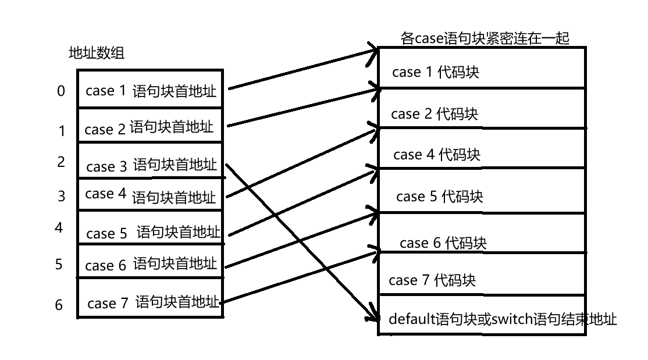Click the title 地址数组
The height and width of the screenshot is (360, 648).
point(97,54)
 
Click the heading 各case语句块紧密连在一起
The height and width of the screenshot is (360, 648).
point(485,38)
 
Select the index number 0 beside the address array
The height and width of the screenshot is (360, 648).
point(61,91)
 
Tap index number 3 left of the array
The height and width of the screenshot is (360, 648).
point(62,196)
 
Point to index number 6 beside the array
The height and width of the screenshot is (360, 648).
point(59,304)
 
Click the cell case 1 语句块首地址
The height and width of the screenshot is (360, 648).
point(150,91)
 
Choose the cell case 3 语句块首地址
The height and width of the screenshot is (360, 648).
point(150,165)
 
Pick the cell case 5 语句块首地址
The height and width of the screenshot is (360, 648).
point(150,233)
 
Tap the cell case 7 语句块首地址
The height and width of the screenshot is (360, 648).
point(150,302)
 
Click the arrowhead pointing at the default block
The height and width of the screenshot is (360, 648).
point(372,316)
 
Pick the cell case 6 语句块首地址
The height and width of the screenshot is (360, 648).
point(150,265)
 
